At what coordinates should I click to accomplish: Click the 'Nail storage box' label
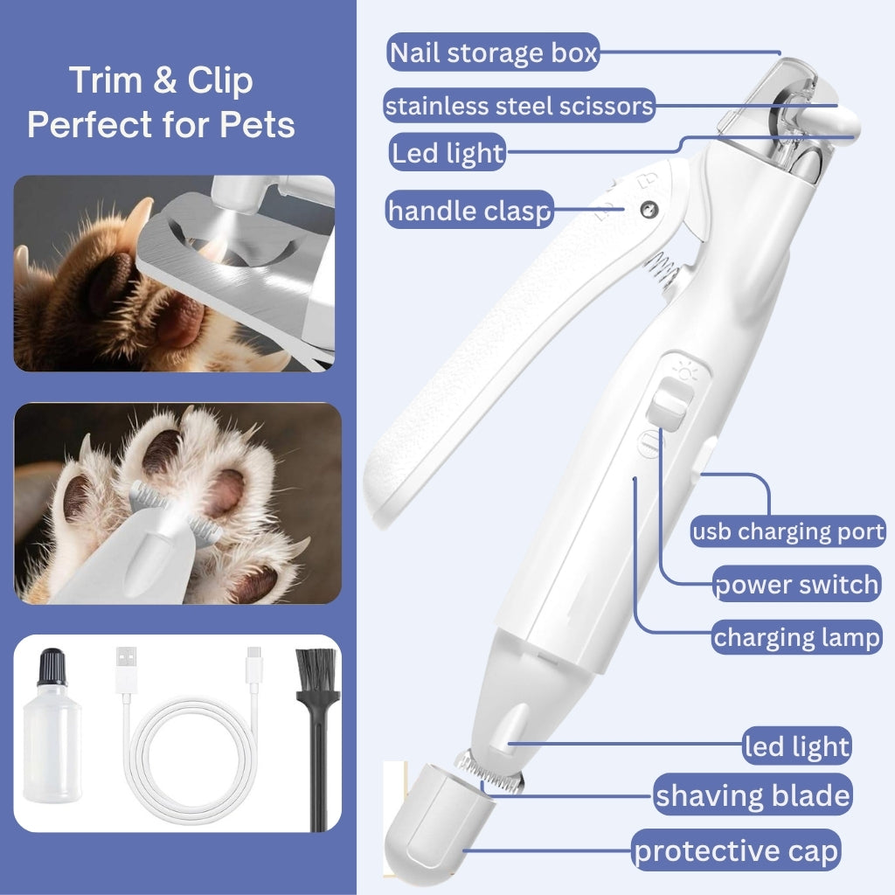click(x=492, y=53)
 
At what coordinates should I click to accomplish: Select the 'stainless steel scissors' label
click(x=519, y=107)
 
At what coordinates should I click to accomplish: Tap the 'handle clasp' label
click(x=469, y=210)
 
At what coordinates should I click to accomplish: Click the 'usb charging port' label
click(x=788, y=531)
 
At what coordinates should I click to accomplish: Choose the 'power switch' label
click(x=796, y=584)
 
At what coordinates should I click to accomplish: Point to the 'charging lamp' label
click(x=796, y=637)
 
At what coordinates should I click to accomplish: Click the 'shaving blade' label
click(x=753, y=795)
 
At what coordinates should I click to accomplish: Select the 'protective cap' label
click(x=737, y=850)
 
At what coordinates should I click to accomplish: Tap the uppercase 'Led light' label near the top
click(x=447, y=154)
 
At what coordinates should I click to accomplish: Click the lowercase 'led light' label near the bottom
click(x=796, y=746)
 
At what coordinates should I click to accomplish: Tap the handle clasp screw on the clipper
click(x=649, y=208)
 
